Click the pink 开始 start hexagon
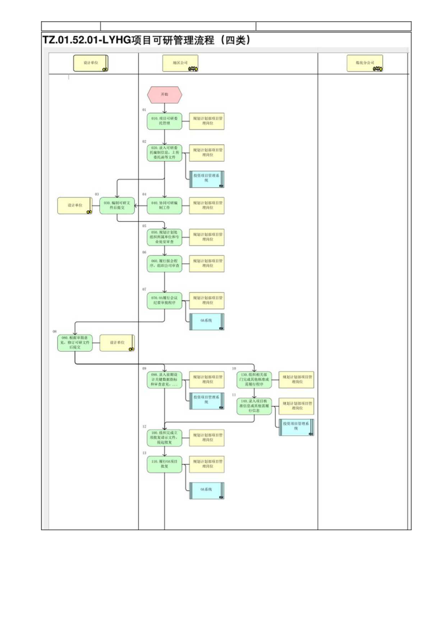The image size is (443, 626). click(165, 95)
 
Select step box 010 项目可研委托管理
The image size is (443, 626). click(165, 121)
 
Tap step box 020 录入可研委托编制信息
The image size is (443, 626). click(165, 153)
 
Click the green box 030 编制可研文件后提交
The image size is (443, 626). click(117, 205)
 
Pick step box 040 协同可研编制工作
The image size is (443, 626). click(165, 205)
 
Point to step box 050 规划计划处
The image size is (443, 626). click(165, 237)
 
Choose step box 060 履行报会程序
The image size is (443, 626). click(165, 263)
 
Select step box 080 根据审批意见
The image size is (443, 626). click(74, 343)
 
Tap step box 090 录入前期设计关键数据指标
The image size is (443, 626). click(165, 379)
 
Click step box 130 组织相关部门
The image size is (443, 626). click(254, 379)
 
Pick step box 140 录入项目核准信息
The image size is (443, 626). click(254, 406)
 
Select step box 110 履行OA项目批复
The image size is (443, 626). click(165, 464)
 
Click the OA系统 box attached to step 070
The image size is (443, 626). click(207, 321)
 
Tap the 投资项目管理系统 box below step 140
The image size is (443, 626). click(297, 427)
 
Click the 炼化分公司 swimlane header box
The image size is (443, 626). click(365, 63)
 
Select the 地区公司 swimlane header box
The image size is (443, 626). click(181, 63)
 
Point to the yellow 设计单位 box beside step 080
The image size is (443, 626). click(117, 343)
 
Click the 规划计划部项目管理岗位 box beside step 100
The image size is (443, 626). click(207, 437)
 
